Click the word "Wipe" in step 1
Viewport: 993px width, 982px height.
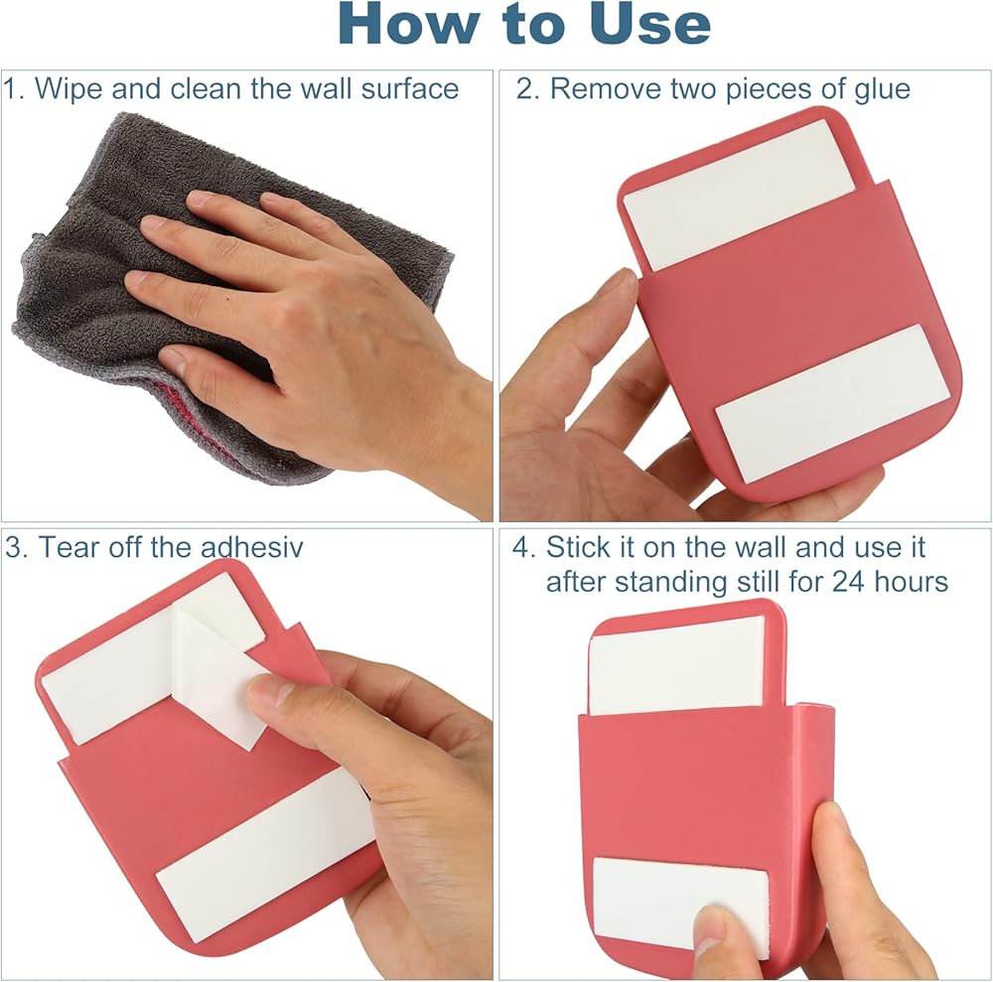tap(69, 88)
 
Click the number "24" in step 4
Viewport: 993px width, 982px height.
tap(849, 582)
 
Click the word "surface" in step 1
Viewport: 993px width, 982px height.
tap(410, 88)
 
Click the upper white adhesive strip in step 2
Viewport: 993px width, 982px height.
tap(739, 193)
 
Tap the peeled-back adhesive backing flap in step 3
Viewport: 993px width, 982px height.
tap(218, 671)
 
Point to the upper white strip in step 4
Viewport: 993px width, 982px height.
tap(676, 664)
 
